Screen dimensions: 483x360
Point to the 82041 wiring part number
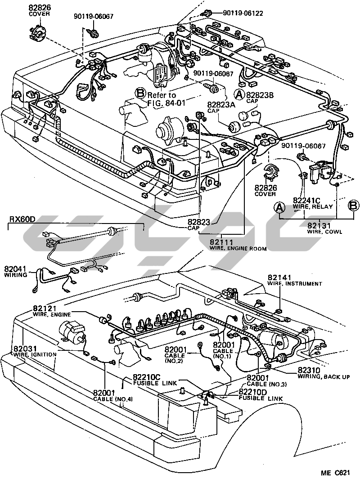pyautogui.click(x=16, y=269)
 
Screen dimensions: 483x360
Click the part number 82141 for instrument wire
pyautogui.click(x=279, y=277)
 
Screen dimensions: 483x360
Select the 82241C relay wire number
pyautogui.click(x=306, y=201)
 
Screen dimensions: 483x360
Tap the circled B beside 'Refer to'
pyautogui.click(x=141, y=94)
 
